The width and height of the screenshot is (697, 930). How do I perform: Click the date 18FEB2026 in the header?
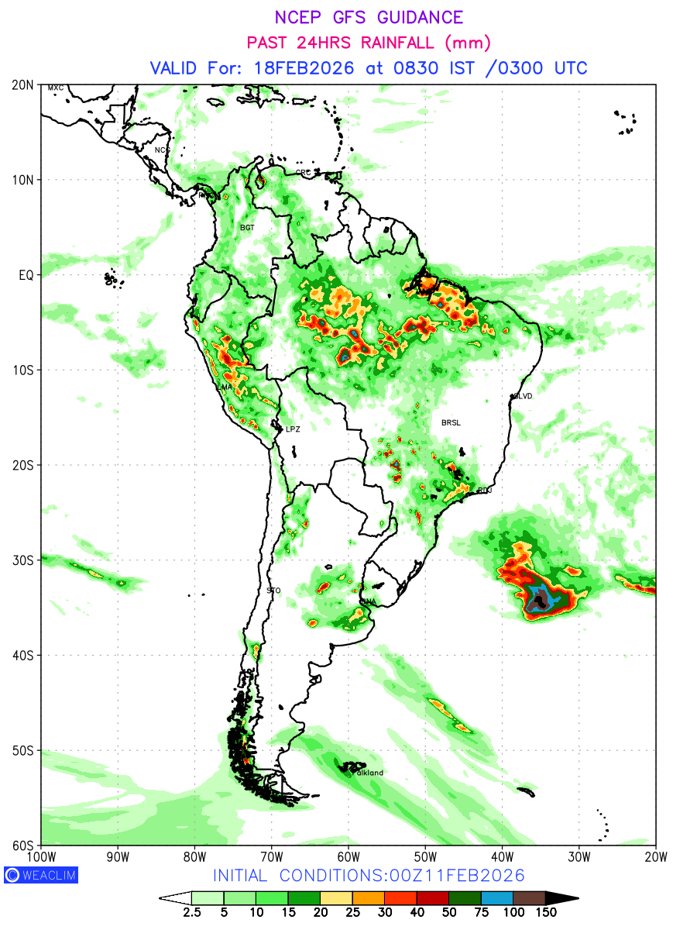click(304, 67)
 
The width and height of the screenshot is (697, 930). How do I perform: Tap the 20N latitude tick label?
click(23, 84)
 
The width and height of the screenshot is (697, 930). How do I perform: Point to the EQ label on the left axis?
click(27, 275)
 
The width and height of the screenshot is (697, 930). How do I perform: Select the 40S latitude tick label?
click(23, 656)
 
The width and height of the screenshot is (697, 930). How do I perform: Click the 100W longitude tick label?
click(41, 856)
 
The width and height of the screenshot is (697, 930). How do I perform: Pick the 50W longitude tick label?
click(425, 856)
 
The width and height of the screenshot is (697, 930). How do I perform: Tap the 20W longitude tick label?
click(655, 856)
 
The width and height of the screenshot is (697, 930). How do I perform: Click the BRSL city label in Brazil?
click(451, 423)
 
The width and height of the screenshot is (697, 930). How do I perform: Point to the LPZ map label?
click(293, 429)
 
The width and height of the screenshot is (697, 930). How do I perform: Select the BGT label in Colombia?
click(247, 228)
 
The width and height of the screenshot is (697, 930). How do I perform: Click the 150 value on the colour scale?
click(546, 913)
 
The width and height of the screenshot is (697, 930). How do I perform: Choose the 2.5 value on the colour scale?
click(191, 913)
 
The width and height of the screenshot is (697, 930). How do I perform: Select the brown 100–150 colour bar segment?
click(530, 898)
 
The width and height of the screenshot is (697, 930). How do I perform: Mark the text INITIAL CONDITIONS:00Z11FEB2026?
click(369, 875)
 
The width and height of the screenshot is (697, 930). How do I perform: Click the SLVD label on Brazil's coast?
click(523, 396)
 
